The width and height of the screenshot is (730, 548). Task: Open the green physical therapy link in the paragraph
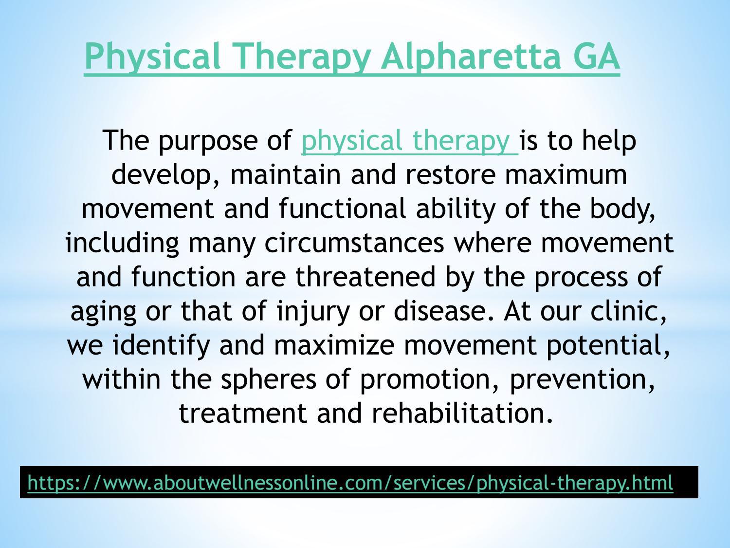409,141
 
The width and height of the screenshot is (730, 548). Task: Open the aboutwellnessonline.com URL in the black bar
350,482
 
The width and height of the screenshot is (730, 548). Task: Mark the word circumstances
354,243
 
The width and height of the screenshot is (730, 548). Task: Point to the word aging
103,311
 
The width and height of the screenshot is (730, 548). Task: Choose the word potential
608,345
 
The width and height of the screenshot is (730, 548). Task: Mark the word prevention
582,379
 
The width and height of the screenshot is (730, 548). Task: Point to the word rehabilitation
462,414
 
